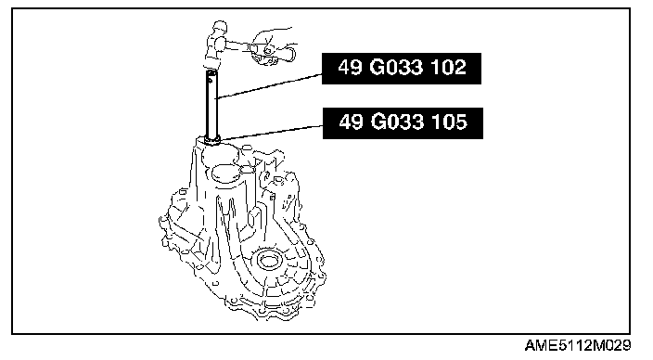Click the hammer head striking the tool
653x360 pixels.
pyautogui.click(x=216, y=45)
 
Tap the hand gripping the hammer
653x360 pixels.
pyautogui.click(x=270, y=45)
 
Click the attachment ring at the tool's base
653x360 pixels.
pyautogui.click(x=212, y=141)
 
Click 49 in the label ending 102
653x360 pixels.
pyautogui.click(x=350, y=68)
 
